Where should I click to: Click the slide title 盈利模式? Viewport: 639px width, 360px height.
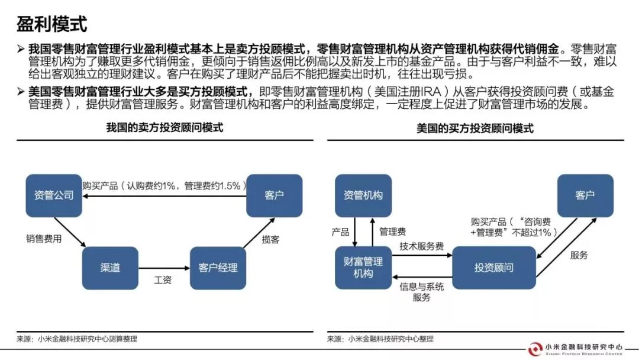click(51, 24)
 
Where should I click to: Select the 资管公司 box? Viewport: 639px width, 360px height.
click(53, 195)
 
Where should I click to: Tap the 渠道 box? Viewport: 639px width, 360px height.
click(110, 268)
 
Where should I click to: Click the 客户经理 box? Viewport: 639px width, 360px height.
click(218, 268)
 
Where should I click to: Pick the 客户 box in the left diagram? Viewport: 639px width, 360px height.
click(274, 195)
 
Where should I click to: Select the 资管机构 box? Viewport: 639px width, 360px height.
click(363, 195)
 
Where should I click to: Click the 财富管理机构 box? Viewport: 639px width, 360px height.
click(363, 268)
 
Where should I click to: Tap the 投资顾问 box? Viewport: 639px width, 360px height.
click(494, 268)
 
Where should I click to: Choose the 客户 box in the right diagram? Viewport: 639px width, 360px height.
click(585, 195)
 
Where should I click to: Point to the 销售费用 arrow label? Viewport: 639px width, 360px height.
click(43, 239)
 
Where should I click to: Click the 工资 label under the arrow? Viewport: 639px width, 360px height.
click(163, 280)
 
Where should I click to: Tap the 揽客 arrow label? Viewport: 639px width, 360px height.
click(270, 239)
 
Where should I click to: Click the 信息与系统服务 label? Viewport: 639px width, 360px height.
click(421, 291)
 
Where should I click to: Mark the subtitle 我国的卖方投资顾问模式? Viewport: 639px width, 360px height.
click(164, 127)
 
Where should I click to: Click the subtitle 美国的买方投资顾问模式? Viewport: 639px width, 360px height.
click(475, 128)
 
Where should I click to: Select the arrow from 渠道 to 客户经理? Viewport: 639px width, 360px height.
click(164, 268)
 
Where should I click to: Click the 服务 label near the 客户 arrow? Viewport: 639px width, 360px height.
click(579, 255)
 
